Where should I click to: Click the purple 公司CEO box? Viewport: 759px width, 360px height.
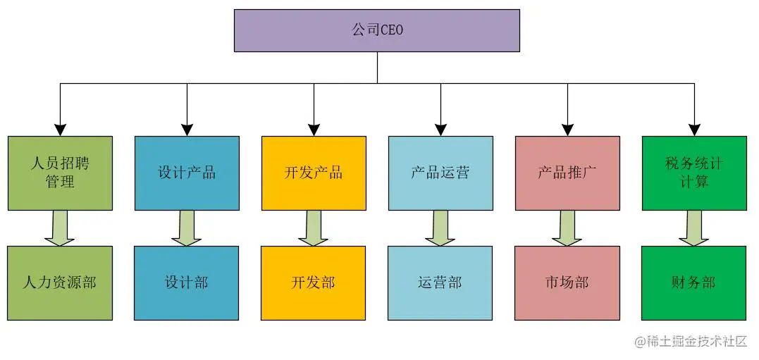tap(377, 30)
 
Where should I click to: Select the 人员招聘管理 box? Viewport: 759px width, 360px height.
tap(60, 173)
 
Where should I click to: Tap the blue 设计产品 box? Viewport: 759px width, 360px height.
tap(187, 173)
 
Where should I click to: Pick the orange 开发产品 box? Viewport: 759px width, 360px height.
tap(314, 173)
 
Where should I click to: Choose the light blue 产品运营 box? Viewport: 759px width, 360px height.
tap(440, 173)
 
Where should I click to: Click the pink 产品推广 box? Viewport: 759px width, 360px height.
tap(567, 173)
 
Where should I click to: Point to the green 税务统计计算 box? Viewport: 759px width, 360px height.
tap(694, 173)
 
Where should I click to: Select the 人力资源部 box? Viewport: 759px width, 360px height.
tap(60, 283)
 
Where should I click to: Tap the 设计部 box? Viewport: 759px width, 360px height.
tap(187, 283)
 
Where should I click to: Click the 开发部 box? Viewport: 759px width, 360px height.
tap(314, 283)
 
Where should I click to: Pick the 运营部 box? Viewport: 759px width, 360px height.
tap(440, 283)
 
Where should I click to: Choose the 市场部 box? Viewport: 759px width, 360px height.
tap(567, 283)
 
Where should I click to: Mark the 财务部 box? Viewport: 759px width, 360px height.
tap(694, 283)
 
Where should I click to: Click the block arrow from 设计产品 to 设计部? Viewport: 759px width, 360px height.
tap(187, 228)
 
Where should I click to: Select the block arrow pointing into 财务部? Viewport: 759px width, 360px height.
tap(694, 228)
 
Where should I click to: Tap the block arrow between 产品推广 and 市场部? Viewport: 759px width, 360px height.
tap(567, 228)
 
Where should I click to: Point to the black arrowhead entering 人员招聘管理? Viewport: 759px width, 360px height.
tap(60, 130)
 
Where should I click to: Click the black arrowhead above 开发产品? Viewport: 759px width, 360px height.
tap(314, 130)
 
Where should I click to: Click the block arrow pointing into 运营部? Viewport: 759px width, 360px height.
tap(440, 228)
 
